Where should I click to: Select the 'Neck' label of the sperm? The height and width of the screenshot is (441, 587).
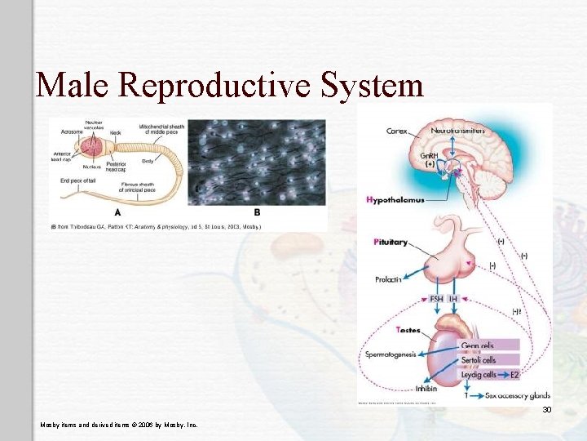coord(115,132)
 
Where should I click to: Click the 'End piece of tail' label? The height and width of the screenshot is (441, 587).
coord(77,181)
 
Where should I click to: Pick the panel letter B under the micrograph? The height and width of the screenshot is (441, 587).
coord(257,212)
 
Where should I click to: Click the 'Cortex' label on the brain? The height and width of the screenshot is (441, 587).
coord(397,131)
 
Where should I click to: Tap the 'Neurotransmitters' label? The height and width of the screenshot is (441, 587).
coord(457,131)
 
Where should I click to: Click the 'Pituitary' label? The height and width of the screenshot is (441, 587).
coord(391,243)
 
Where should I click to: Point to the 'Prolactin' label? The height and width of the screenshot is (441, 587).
coord(388,279)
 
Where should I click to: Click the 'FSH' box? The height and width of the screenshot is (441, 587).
coord(437,299)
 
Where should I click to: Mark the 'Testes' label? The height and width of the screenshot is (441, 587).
coord(408,330)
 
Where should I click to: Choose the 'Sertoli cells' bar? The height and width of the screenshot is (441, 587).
coord(479,360)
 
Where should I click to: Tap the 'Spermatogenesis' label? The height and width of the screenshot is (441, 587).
coord(391,354)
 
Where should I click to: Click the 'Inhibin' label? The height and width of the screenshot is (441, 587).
coord(426,389)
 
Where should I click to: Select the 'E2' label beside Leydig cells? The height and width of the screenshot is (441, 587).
coord(514,375)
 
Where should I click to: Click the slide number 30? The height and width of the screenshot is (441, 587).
coord(547,409)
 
